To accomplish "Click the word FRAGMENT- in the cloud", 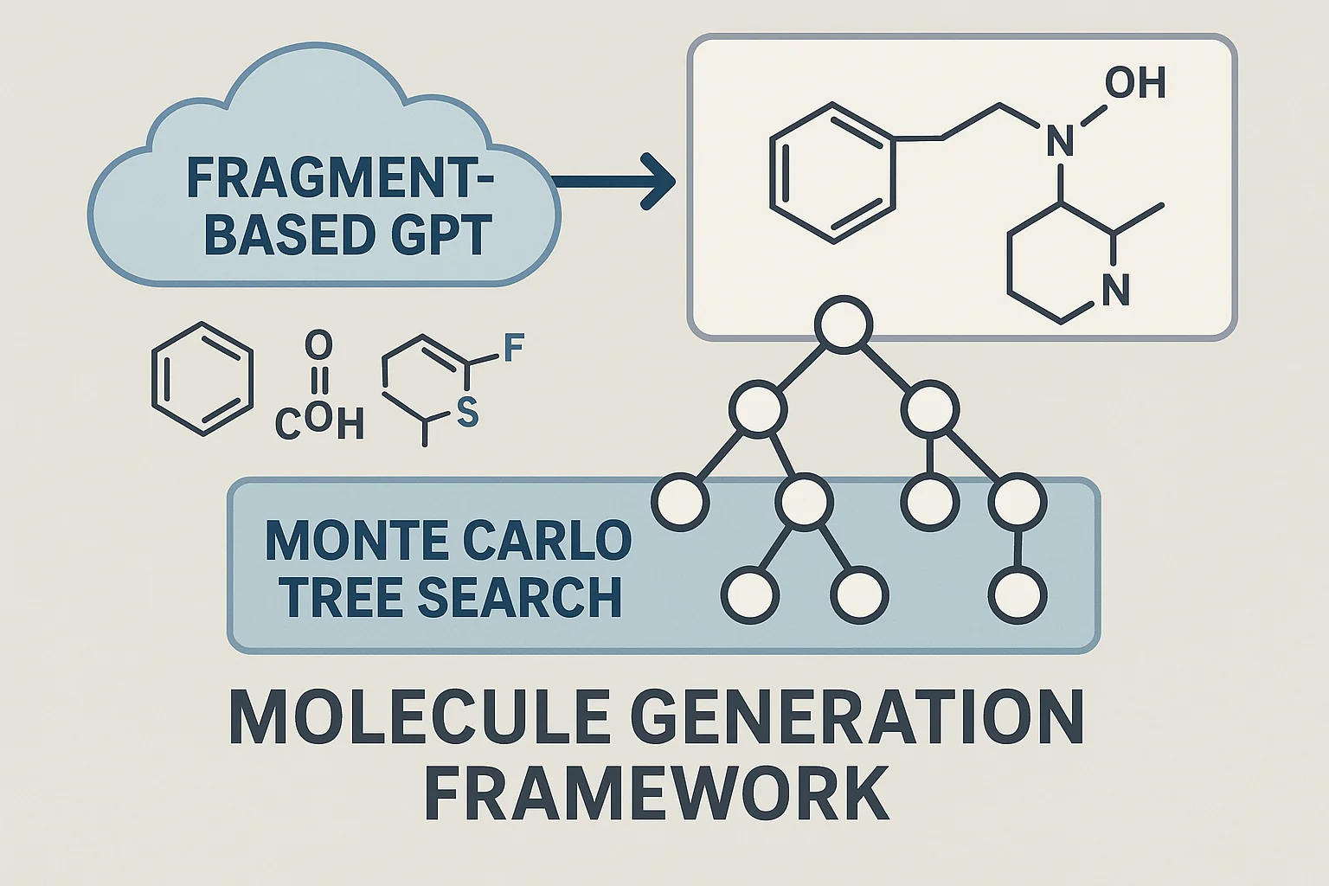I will click(340, 180).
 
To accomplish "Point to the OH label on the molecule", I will click(1135, 84).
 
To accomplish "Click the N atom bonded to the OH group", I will click(1061, 141).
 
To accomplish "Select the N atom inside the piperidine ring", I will click(1116, 290).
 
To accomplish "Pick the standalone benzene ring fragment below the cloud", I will click(202, 379).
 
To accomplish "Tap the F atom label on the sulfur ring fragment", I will click(513, 350).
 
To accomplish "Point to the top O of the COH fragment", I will click(318, 346).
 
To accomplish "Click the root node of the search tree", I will click(843, 325).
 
